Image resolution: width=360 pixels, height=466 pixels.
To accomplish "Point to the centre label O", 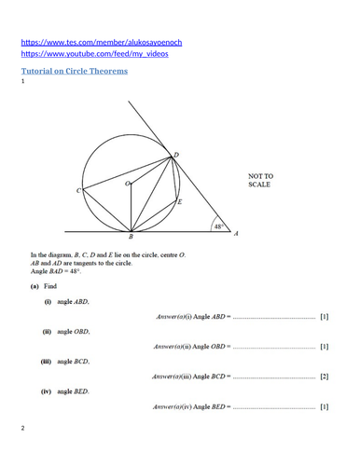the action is tap(127, 185).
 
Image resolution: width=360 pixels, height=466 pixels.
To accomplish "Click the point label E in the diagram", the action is tap(179, 201).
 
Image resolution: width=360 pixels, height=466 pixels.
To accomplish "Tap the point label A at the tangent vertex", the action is tap(235, 235).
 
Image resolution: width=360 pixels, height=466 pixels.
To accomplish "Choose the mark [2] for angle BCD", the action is tap(324, 377).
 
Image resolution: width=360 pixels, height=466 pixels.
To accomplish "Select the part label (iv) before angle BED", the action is tap(47, 391).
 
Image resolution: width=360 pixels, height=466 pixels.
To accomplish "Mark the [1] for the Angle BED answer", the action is tap(324, 406).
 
